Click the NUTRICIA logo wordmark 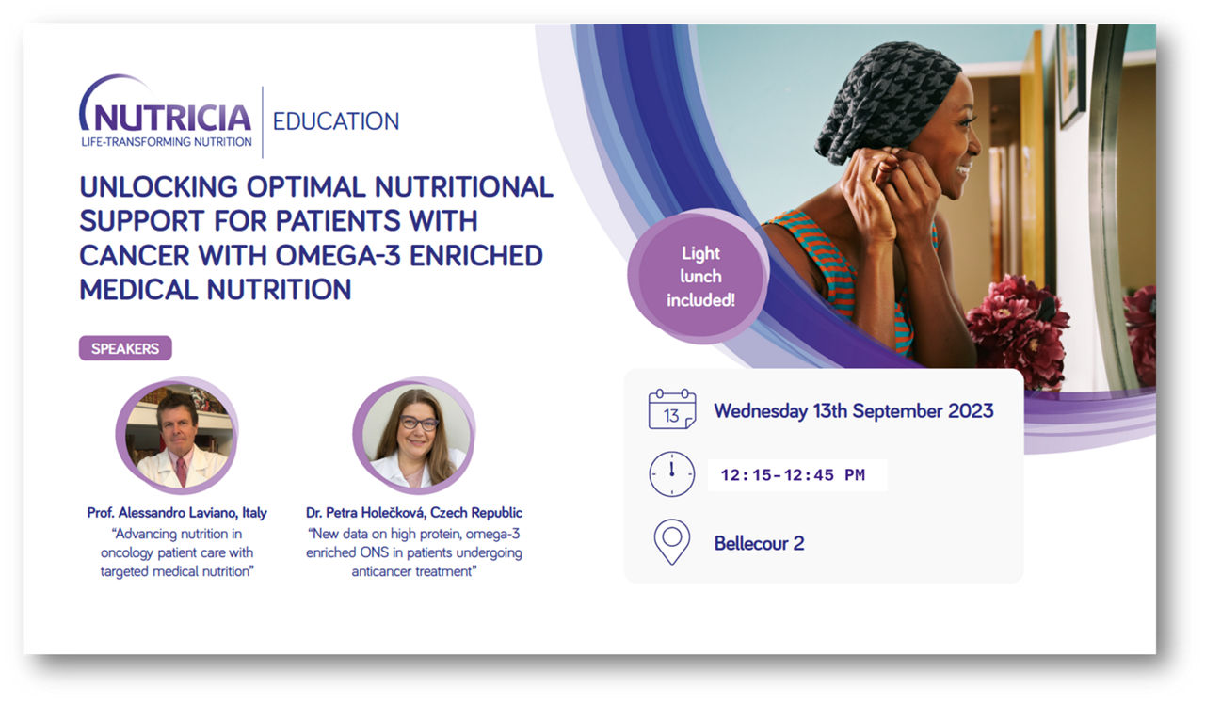[166, 118]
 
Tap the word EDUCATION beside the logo [336, 121]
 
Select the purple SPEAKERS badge [125, 348]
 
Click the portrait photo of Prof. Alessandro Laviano [177, 435]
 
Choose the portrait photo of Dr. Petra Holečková [413, 435]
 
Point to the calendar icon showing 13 [672, 409]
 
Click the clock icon [672, 474]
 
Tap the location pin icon [672, 542]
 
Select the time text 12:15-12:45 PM [793, 475]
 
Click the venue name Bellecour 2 [759, 543]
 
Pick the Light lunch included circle [699, 277]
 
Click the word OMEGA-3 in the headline [338, 255]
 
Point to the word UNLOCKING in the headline [159, 186]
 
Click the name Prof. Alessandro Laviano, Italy [177, 513]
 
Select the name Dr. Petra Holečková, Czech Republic [413, 513]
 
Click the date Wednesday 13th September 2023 [854, 411]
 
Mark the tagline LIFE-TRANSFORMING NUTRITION [167, 142]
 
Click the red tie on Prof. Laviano [182, 470]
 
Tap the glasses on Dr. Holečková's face [419, 424]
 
